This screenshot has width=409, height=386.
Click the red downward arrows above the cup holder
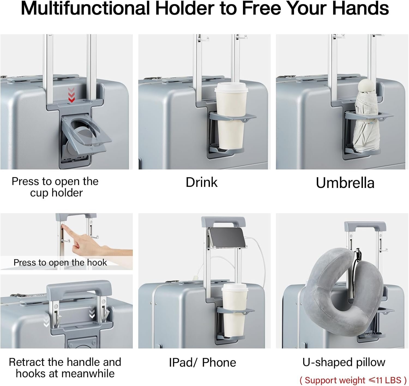(x=71, y=95)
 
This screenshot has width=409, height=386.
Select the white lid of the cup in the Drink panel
(x=231, y=87)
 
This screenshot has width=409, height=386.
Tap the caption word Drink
(x=202, y=182)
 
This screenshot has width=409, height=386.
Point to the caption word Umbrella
(x=345, y=183)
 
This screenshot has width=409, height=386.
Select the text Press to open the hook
(x=60, y=262)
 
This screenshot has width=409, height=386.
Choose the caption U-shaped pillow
(x=344, y=362)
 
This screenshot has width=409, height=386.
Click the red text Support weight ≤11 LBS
(x=353, y=380)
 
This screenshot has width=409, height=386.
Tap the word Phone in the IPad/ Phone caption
(x=219, y=363)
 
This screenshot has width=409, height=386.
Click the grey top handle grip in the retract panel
(x=79, y=288)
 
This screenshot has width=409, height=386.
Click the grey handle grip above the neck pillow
(x=365, y=225)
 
